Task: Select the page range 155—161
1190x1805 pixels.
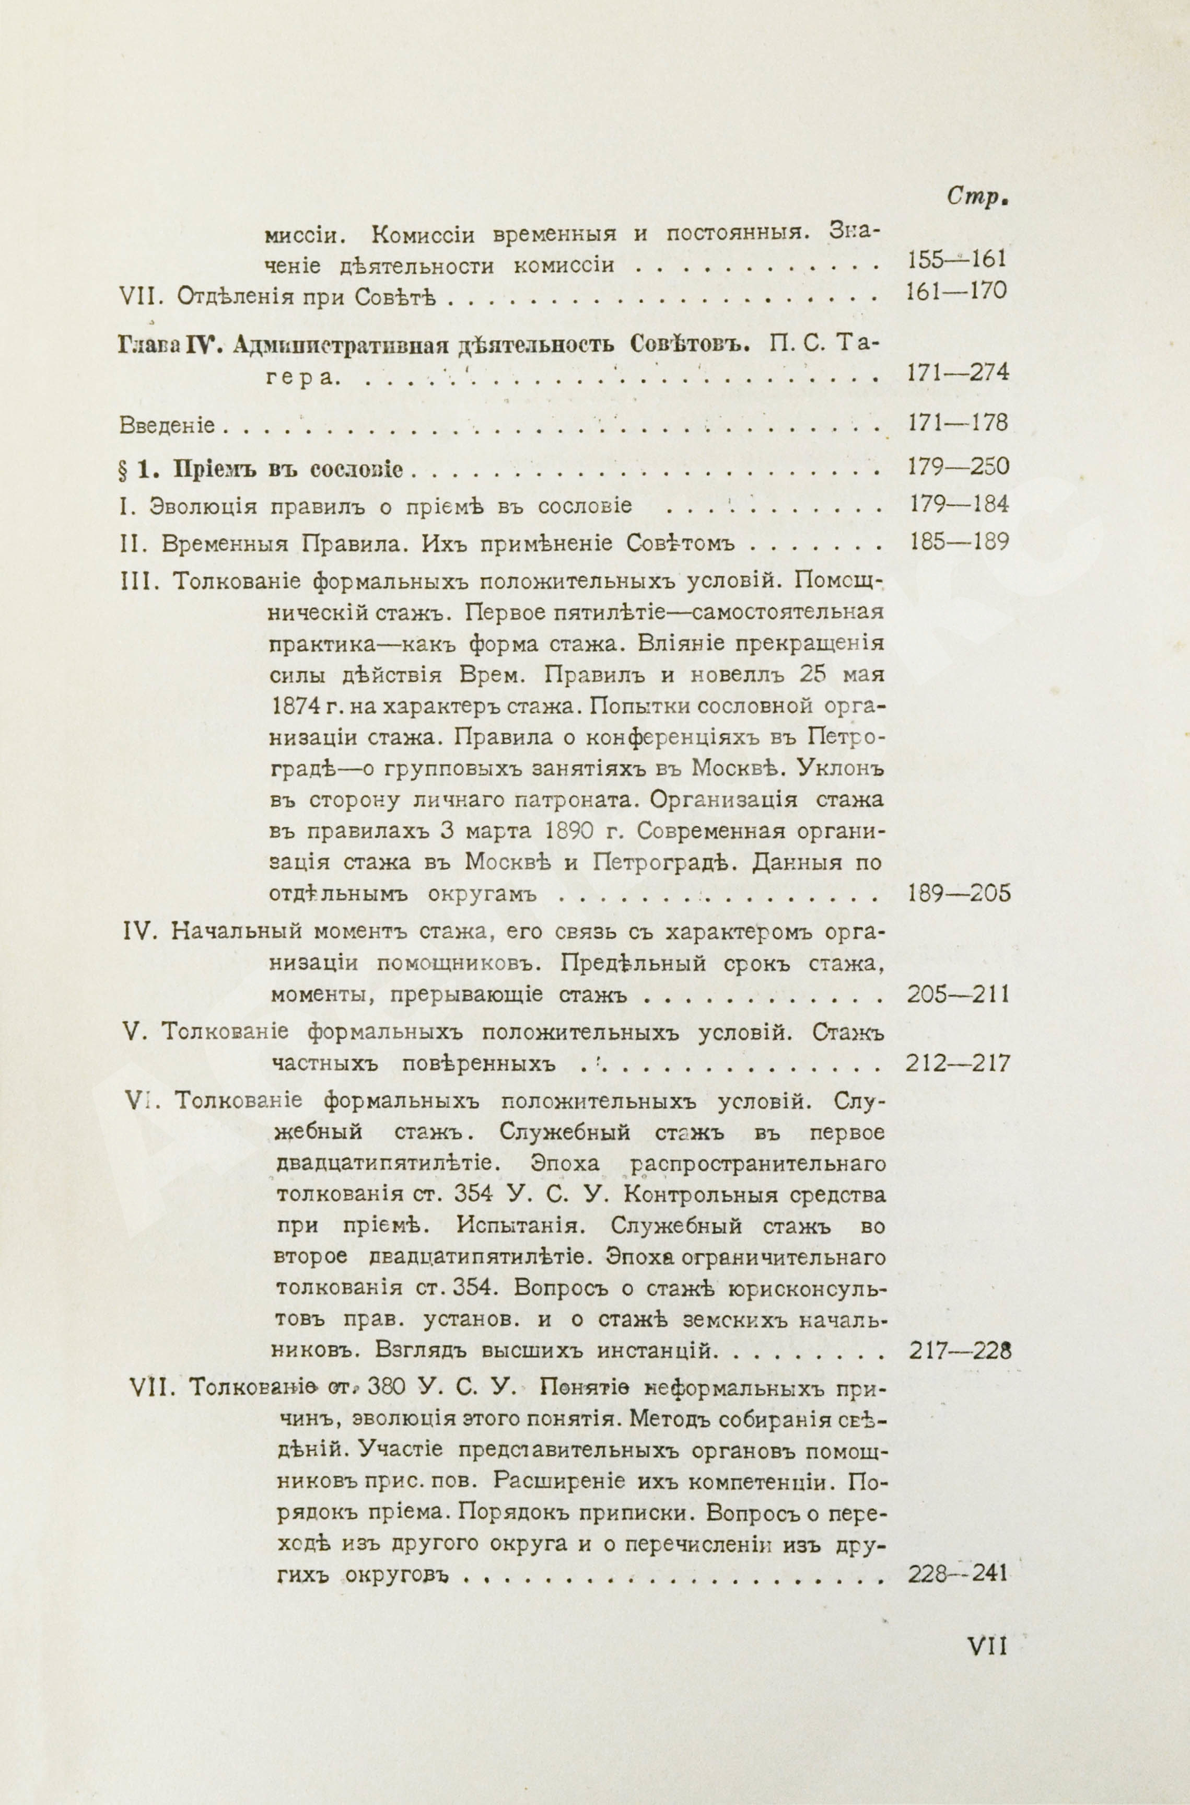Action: point(956,260)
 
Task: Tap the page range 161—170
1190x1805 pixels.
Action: point(956,292)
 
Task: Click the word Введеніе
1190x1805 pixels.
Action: point(167,425)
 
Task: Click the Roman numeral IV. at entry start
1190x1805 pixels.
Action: point(139,931)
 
